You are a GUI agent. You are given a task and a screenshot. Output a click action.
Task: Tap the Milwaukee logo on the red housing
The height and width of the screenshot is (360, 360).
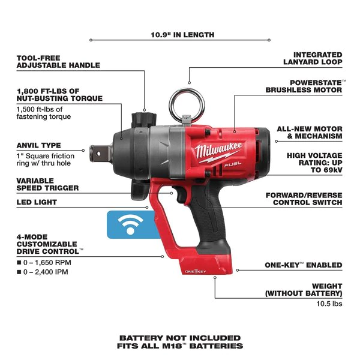pos(218,152)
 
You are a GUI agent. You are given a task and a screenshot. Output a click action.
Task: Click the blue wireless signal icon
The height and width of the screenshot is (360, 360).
pos(130,224)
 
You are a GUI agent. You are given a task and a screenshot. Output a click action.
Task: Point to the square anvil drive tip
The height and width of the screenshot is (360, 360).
pos(100,154)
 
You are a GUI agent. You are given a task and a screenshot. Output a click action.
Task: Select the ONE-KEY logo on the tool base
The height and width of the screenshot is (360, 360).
pos(196,271)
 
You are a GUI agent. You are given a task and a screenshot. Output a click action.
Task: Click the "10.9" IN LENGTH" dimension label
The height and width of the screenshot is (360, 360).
pos(182,35)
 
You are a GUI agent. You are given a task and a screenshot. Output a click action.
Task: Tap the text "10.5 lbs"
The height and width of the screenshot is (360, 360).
pos(329,304)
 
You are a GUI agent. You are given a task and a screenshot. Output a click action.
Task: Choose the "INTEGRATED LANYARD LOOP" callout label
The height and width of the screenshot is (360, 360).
pos(313,58)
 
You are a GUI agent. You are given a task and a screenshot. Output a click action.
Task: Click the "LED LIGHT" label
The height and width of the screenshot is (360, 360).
pos(37,202)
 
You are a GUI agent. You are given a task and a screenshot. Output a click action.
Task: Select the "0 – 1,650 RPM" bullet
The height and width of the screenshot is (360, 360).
pos(44,262)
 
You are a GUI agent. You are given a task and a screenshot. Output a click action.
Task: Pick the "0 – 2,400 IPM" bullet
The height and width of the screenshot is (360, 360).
pos(43,272)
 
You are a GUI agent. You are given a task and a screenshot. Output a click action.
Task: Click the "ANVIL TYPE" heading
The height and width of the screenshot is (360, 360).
pos(39,145)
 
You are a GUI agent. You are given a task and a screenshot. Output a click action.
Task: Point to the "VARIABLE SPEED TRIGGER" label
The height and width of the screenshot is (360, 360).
pos(47,184)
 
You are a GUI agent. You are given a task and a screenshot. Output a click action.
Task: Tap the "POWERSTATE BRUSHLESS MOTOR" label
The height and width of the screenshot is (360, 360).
pos(305,86)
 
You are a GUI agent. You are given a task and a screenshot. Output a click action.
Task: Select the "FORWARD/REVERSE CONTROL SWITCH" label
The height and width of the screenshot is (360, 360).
pos(304,199)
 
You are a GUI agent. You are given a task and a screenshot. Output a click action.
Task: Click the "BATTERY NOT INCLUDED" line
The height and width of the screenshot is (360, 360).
pos(180,338)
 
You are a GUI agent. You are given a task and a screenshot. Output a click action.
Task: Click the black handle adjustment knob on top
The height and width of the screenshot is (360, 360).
pos(144,120)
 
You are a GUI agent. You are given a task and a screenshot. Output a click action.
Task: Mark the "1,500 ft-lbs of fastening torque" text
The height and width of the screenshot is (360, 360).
pos(44,113)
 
